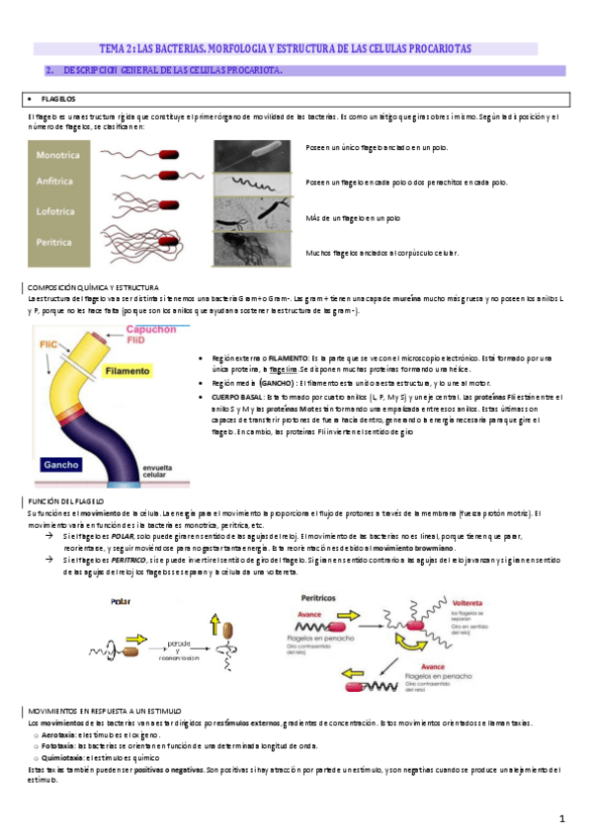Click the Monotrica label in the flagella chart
coord(59,156)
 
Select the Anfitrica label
coord(58,184)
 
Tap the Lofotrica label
coord(58,211)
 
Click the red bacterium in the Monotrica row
coord(171,153)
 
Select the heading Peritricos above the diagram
coord(318,597)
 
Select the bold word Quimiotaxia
coord(60,756)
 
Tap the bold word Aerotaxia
coord(57,735)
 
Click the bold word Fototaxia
coord(56,745)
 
